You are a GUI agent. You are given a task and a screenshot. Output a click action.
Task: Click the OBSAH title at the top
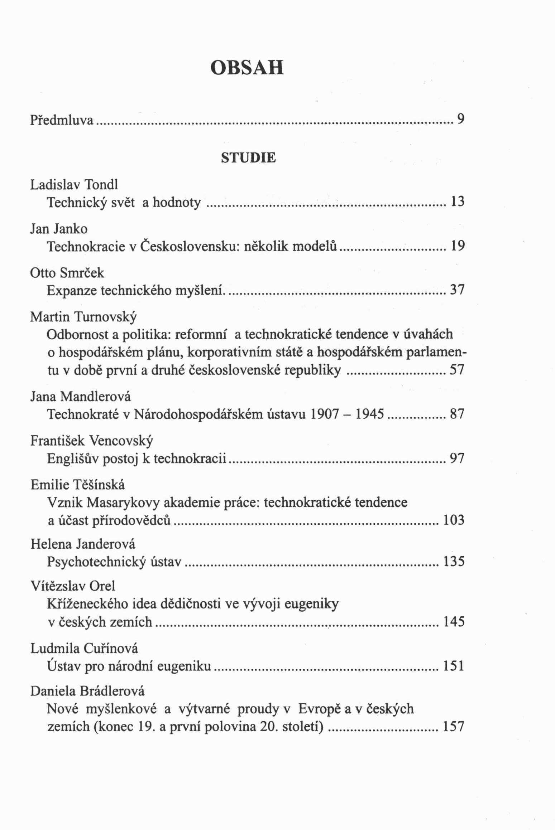click(x=247, y=68)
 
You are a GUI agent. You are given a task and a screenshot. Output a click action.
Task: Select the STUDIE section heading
click(x=248, y=158)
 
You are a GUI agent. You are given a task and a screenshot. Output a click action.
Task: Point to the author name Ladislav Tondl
click(x=74, y=185)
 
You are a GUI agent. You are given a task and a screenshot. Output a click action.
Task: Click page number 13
click(x=457, y=202)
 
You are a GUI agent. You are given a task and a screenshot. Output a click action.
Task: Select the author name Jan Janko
click(x=59, y=229)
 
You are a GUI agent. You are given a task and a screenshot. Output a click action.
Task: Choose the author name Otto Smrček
click(x=67, y=273)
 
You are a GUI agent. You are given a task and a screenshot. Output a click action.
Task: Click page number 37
click(x=457, y=290)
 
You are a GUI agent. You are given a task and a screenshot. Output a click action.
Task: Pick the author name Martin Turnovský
click(x=83, y=317)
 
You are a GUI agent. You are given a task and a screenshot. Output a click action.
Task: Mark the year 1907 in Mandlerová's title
click(x=324, y=414)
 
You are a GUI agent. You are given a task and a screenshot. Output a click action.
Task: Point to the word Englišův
click(x=73, y=458)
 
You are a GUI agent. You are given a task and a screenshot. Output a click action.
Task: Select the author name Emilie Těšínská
click(x=78, y=485)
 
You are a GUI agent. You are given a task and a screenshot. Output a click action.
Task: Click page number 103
click(x=454, y=520)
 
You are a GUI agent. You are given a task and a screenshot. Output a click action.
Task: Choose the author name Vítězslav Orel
click(x=73, y=586)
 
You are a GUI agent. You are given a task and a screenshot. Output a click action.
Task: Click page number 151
click(x=454, y=666)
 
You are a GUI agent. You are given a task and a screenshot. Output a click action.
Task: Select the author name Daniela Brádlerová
click(x=87, y=691)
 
